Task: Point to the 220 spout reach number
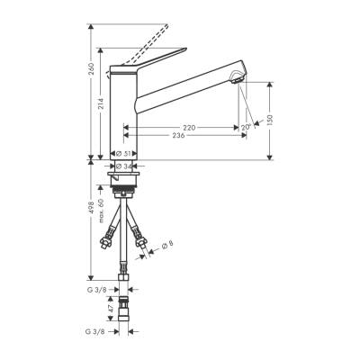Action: pyautogui.click(x=189, y=127)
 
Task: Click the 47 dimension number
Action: pyautogui.click(x=111, y=309)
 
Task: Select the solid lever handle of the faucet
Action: pyautogui.click(x=148, y=60)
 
